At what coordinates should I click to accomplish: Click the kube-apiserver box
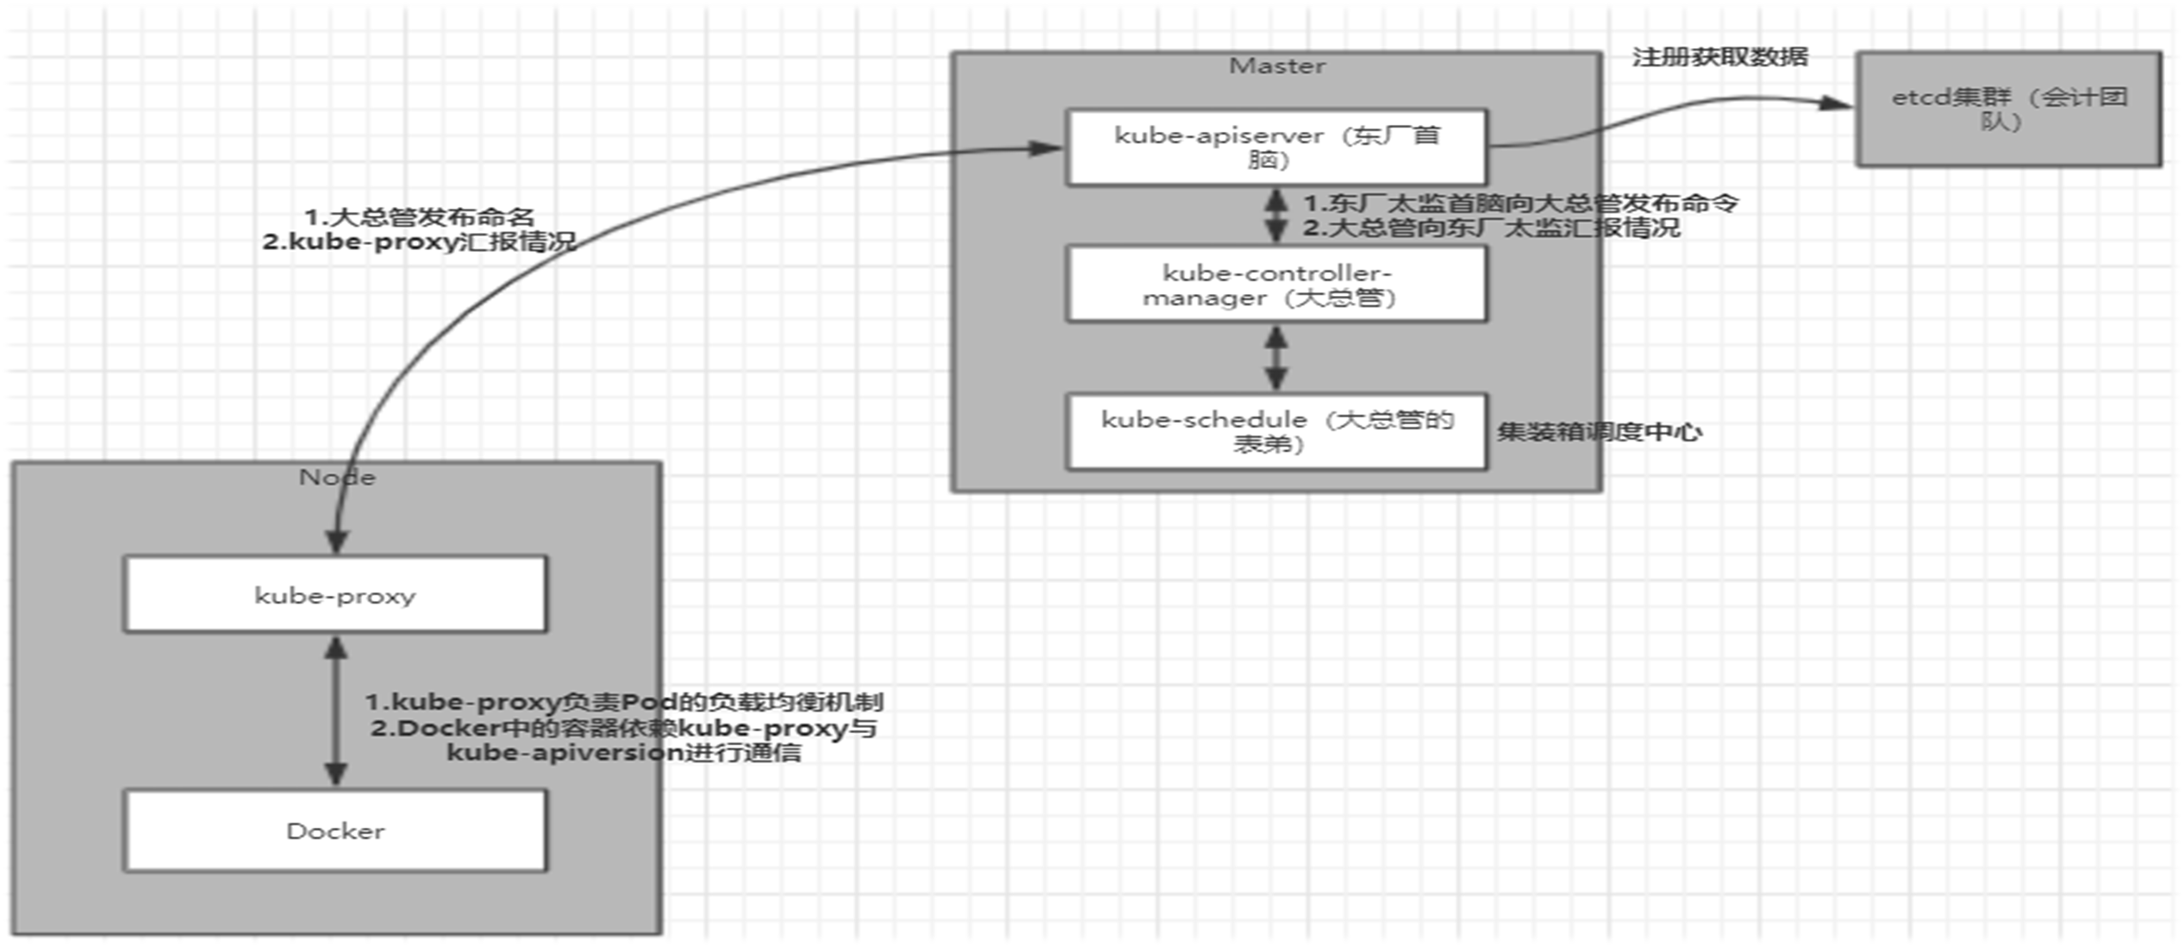coord(1276,147)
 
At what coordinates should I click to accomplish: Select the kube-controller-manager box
coord(1276,285)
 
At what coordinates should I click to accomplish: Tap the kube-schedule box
coord(1276,431)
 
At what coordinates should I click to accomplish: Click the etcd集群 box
coord(2008,109)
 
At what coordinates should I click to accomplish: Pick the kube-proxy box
coord(335,595)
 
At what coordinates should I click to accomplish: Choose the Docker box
coord(335,831)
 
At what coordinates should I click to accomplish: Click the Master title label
coord(1276,66)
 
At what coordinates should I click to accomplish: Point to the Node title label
coord(337,477)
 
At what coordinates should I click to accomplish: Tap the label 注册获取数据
coord(1719,57)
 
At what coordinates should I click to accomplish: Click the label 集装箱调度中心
coord(1599,431)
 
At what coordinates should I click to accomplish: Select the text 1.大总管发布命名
coord(420,216)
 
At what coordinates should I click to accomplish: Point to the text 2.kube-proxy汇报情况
coord(420,241)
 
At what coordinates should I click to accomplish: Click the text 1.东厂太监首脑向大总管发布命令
coord(1520,204)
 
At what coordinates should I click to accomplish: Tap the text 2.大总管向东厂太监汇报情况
coord(1491,228)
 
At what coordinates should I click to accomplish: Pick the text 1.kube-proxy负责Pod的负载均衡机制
coord(624,702)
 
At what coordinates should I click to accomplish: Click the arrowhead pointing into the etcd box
coord(1836,103)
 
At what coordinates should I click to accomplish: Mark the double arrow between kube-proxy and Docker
coord(335,711)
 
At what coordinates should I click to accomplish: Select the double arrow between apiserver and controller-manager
coord(1276,215)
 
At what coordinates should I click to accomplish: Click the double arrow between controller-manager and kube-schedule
coord(1276,358)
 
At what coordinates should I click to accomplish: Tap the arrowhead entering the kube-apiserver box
coord(1047,148)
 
